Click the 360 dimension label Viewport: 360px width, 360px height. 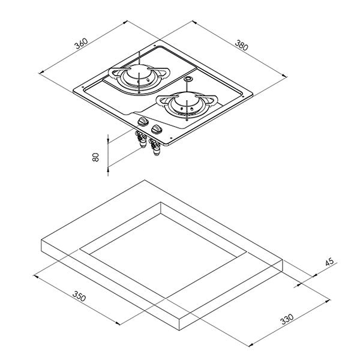coord(82,44)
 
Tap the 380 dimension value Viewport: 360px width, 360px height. coord(242,45)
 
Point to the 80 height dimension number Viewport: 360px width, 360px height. coord(95,157)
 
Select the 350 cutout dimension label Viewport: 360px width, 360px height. coord(79,296)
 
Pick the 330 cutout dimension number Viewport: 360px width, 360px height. coord(287,319)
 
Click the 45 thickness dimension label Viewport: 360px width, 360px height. coord(329,262)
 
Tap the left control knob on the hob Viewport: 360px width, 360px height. coord(143,121)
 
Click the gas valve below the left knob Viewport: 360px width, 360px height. coord(141,139)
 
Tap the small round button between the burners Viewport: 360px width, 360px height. coord(188,79)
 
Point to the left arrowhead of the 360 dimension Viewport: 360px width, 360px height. coord(41,72)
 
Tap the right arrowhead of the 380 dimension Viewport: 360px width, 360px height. coord(284,76)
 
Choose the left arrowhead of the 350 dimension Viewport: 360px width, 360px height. coord(36,276)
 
